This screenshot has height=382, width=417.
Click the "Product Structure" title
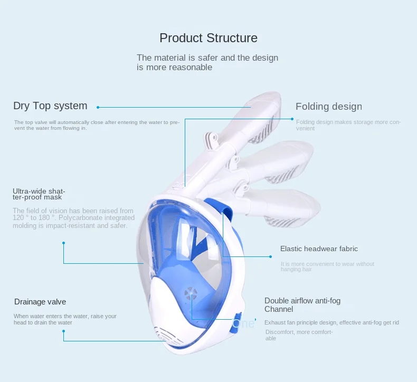[x=209, y=38]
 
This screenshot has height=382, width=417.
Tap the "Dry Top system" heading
[x=50, y=106]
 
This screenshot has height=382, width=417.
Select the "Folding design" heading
[x=328, y=107]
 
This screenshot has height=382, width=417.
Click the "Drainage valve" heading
[x=40, y=302]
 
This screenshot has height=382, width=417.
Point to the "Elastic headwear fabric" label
[x=319, y=249]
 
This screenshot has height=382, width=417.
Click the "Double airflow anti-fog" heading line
[x=302, y=301]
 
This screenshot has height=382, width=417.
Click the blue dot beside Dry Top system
[x=98, y=107]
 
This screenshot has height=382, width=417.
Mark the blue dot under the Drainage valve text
[x=63, y=331]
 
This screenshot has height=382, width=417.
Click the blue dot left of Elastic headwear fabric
[x=271, y=256]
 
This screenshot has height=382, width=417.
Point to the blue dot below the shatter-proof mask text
[x=63, y=243]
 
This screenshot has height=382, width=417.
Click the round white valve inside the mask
[x=190, y=293]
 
